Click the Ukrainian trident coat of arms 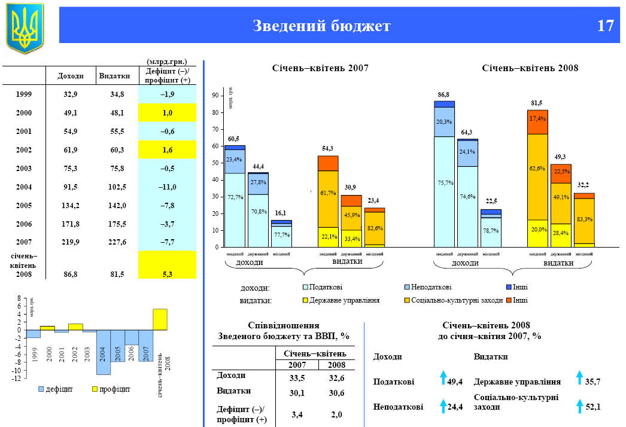coord(25,27)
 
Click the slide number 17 coord(605,26)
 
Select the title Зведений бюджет coord(321,26)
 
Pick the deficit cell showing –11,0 coord(167,187)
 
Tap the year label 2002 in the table coord(25,150)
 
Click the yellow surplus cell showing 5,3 coord(167,274)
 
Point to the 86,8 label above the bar coord(443,95)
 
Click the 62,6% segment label coord(537,169)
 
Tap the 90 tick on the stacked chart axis coord(215,95)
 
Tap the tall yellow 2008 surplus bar coord(160,319)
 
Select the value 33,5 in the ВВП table coord(290,377)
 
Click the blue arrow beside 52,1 coord(579,406)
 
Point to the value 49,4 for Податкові coord(455,382)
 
